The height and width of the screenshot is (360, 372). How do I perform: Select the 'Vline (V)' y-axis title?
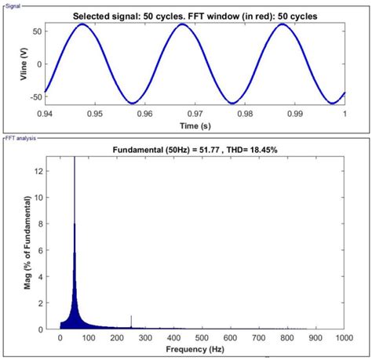click(x=10, y=62)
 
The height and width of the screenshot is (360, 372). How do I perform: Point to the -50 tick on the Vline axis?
click(x=35, y=97)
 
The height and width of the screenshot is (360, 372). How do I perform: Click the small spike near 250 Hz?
click(x=131, y=320)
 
